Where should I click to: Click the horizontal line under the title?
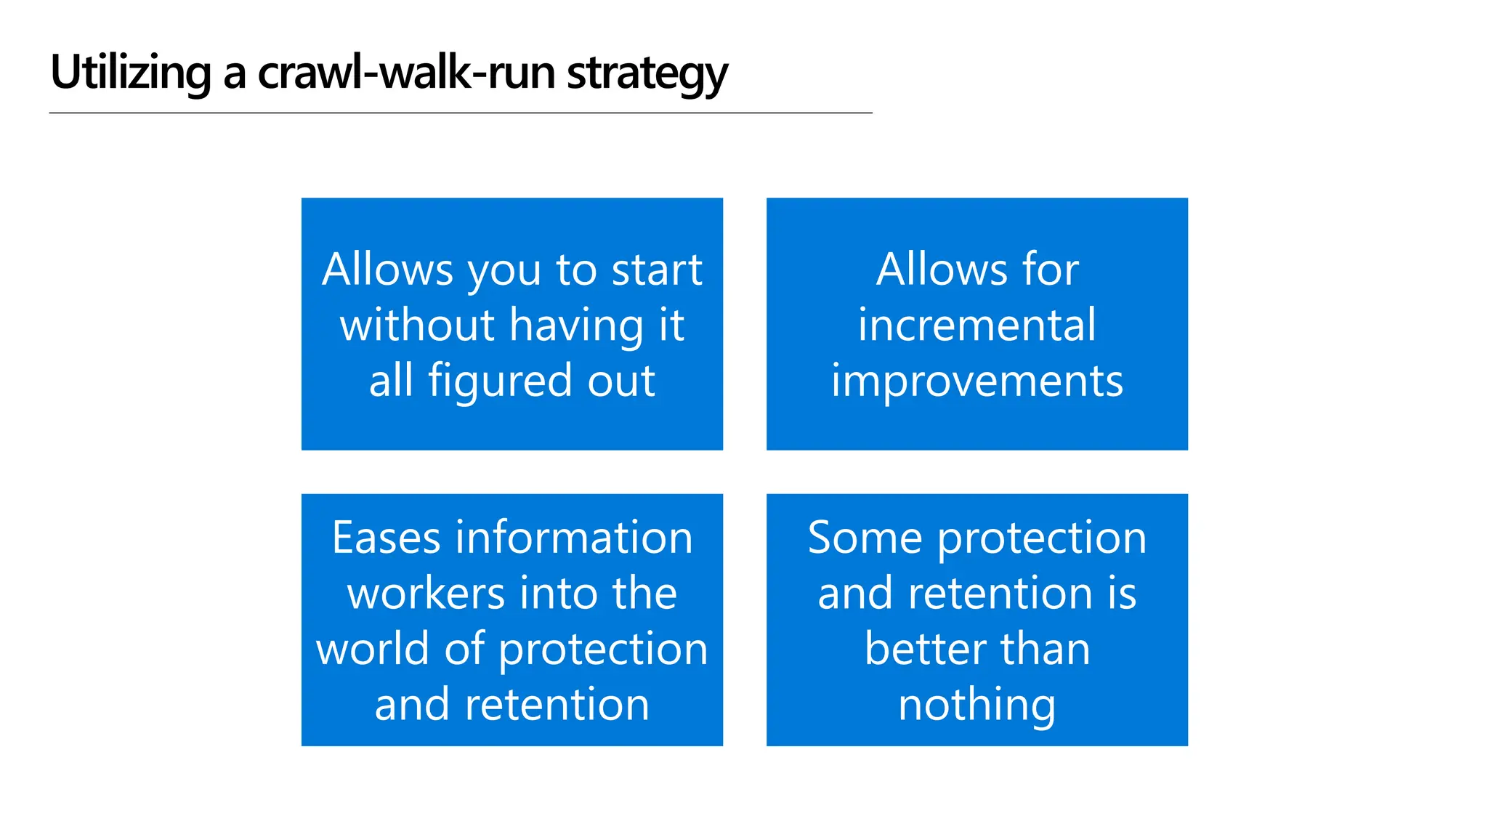point(461,113)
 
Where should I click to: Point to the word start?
point(657,270)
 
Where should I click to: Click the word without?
point(417,325)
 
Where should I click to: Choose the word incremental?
point(976,325)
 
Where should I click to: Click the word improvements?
point(976,381)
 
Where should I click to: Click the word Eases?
point(386,538)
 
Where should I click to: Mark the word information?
point(573,538)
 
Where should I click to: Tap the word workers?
point(426,594)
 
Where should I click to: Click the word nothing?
point(976,705)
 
